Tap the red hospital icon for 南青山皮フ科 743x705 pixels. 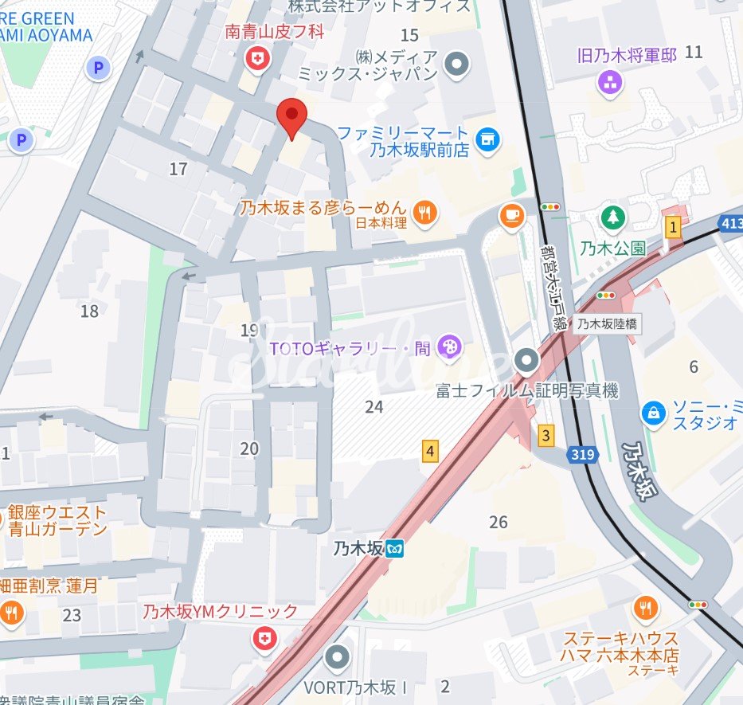(257, 57)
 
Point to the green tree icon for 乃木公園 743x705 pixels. (612, 217)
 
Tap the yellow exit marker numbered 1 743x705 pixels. (674, 228)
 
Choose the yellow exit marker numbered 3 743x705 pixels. (546, 436)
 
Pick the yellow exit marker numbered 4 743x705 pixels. (430, 452)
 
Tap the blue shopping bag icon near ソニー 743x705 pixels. (653, 413)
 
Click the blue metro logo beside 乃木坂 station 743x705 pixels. (395, 549)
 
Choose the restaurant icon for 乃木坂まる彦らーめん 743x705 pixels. (426, 212)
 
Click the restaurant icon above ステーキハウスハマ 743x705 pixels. (646, 609)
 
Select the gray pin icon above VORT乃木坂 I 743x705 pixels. (338, 657)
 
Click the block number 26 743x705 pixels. (499, 523)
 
